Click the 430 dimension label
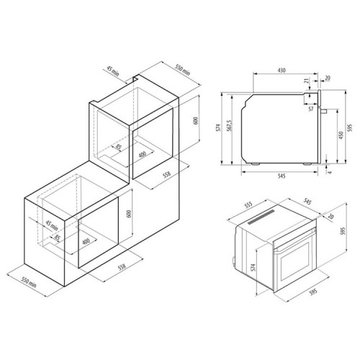tap(282, 71)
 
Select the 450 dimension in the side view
tap(341, 135)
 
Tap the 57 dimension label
tap(311, 109)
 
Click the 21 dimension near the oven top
tap(307, 81)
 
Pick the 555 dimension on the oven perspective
tap(248, 205)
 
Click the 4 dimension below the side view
tap(330, 172)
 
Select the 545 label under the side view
tap(282, 176)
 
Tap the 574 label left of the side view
tap(218, 128)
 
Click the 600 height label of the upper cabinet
tap(196, 121)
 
